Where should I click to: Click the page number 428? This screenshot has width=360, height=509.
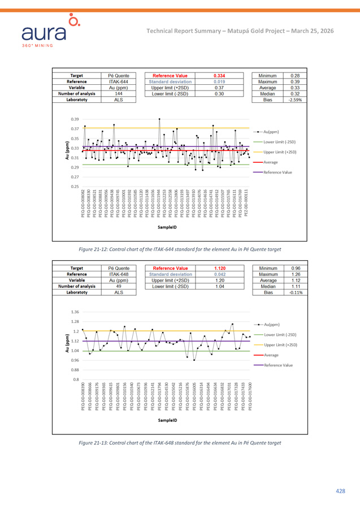tap(340, 491)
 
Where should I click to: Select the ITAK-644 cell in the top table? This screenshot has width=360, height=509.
tap(118, 81)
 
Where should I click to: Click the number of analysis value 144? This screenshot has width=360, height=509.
tap(118, 93)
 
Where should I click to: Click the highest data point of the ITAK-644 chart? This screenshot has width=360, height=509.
tap(159, 119)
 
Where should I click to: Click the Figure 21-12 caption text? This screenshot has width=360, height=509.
tap(180, 248)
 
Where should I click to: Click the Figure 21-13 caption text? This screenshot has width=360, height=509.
tap(180, 442)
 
